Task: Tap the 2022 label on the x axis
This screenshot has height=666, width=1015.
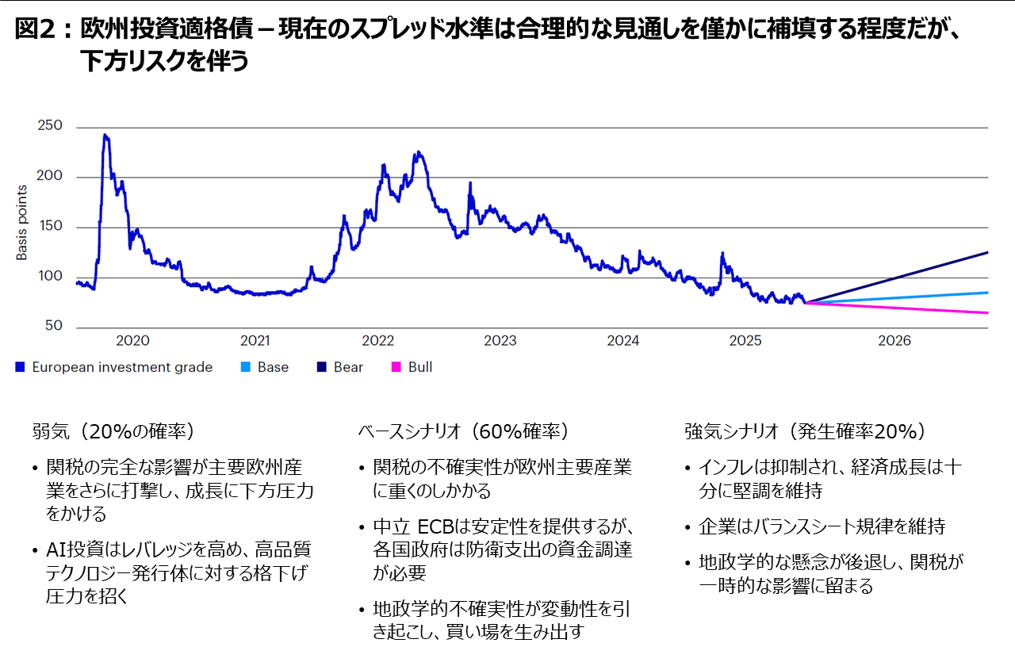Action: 377,341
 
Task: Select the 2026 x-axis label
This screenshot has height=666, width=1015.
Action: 894,341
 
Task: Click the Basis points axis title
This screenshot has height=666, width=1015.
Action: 22,223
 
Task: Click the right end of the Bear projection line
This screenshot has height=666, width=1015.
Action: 987,252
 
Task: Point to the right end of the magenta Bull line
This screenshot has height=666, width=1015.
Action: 987,313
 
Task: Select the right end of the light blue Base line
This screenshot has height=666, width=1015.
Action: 987,293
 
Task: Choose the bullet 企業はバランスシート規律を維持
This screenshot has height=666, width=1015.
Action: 822,526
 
